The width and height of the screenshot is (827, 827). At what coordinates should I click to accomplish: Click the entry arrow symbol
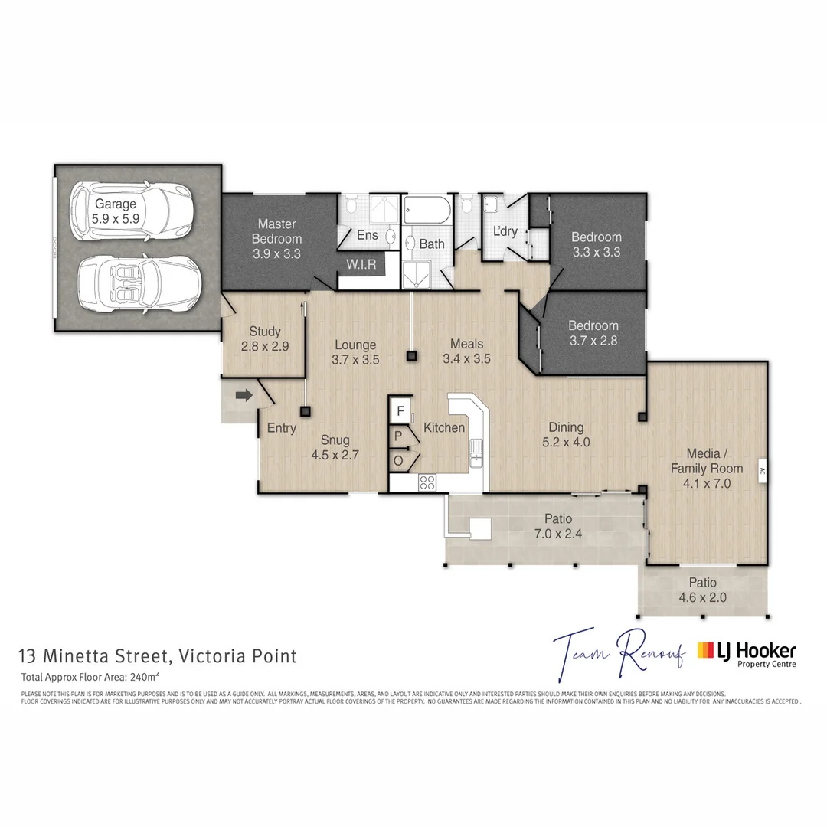pos(244,396)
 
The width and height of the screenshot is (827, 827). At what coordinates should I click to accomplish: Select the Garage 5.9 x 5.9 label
pos(116,211)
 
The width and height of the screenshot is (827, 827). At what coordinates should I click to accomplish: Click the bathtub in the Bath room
pos(429,210)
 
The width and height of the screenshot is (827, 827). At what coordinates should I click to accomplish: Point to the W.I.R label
pos(360,264)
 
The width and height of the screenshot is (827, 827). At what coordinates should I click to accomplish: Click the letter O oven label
pos(398,461)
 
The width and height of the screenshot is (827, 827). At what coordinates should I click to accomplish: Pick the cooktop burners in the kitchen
pos(427,482)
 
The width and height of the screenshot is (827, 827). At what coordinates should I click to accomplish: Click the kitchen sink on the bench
pos(476,453)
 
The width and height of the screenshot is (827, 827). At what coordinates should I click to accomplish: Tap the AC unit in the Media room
pos(762,471)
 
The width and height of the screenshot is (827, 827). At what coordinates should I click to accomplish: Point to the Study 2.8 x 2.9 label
pos(265,338)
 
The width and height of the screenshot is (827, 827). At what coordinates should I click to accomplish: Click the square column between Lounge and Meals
pos(412,355)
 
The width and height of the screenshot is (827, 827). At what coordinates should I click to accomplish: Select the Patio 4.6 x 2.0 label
pos(702,590)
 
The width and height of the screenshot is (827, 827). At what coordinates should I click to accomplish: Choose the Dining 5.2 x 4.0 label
pos(566,434)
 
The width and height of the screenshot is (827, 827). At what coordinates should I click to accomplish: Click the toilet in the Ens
pos(349,205)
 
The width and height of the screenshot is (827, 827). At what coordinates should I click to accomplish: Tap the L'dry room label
pos(505,231)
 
